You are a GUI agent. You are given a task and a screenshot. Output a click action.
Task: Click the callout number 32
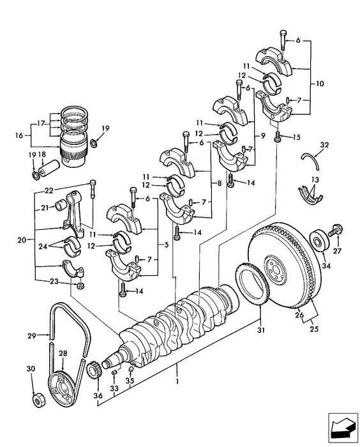pos(325,146)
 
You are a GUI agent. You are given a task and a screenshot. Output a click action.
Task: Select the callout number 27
pos(338,252)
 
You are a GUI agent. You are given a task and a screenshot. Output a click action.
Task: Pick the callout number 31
pos(260,330)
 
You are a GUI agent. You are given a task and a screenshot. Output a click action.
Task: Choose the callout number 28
pos(63,353)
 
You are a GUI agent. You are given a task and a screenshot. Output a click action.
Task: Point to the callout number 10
pos(320,84)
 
